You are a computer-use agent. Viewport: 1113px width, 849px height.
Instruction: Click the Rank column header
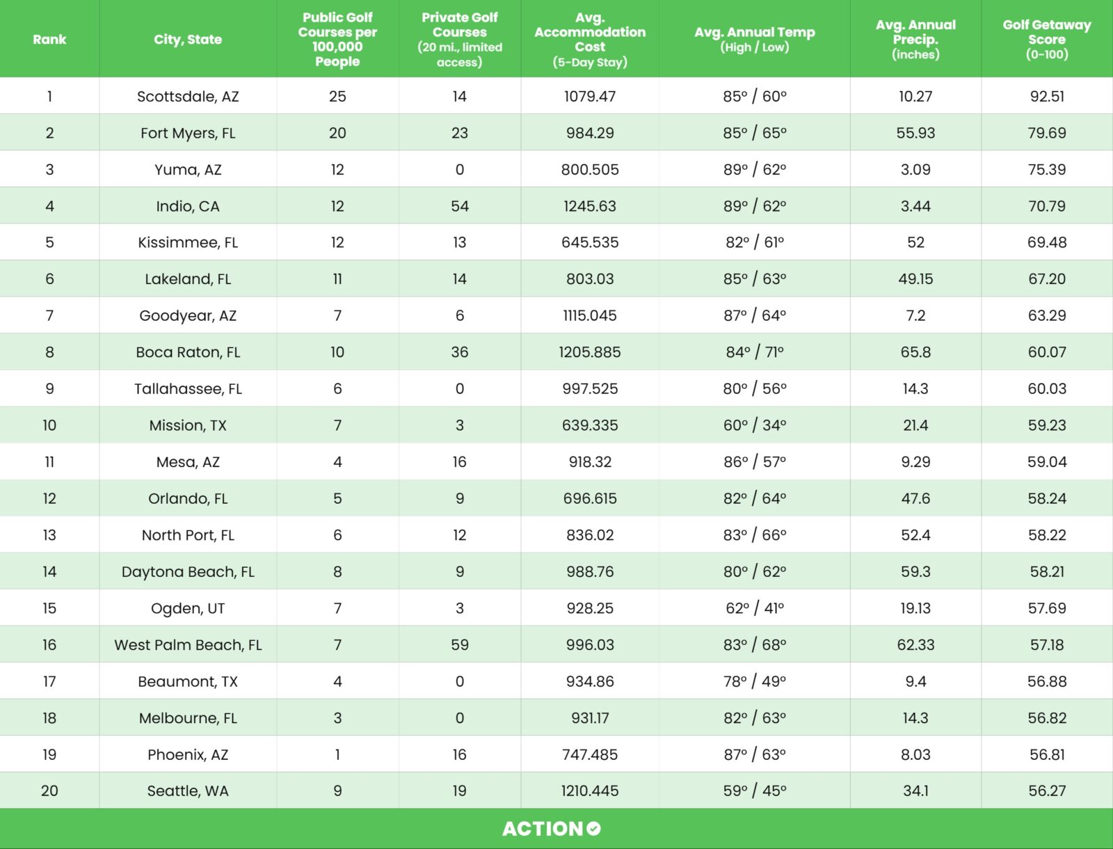49,40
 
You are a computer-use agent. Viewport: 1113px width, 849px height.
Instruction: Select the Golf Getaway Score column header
1046,39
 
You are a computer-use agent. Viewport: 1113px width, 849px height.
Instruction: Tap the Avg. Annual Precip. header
915,39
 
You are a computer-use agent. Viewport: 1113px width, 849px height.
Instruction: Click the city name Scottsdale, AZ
188,97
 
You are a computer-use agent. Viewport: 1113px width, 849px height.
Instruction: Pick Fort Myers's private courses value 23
459,133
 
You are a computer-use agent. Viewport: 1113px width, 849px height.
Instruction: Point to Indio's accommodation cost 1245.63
590,206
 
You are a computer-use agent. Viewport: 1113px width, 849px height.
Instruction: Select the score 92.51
1047,97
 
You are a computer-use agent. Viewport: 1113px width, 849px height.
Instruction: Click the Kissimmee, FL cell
188,243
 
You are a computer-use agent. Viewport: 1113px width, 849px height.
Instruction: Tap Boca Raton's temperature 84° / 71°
755,352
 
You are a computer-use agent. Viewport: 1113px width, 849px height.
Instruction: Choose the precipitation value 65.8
915,352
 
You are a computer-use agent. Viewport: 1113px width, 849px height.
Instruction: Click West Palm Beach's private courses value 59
459,645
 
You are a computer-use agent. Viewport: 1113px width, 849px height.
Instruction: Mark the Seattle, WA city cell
188,791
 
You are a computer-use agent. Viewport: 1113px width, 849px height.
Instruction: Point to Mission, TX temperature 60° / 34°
755,425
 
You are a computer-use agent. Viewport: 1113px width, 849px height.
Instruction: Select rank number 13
49,535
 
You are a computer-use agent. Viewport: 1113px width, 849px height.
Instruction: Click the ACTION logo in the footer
551,829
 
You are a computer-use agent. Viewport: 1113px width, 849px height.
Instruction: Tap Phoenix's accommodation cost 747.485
590,755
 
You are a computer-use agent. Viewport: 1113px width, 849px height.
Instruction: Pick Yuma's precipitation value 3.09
915,170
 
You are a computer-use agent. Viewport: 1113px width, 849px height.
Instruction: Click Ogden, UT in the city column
188,608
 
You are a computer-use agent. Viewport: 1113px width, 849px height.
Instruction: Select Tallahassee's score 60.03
1047,389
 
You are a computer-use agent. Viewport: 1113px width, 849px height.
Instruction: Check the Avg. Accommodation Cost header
590,40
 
